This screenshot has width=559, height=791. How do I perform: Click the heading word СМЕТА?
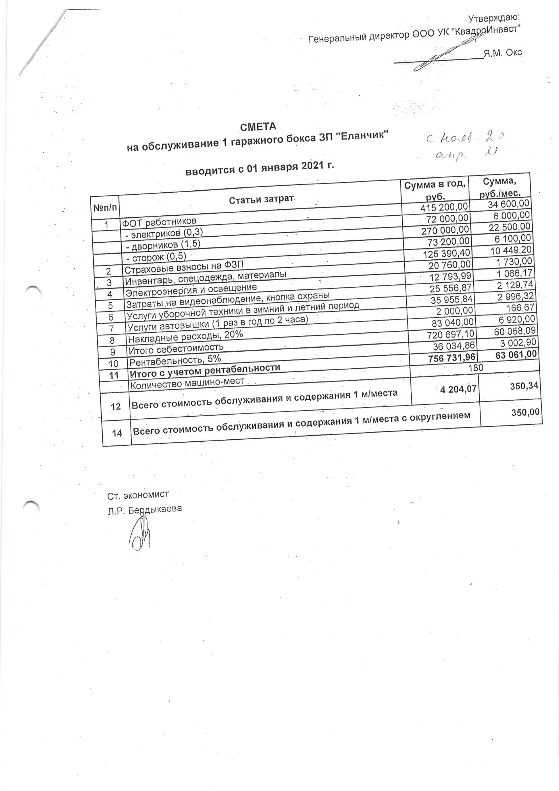[258, 127]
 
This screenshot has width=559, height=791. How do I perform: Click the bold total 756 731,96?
[452, 358]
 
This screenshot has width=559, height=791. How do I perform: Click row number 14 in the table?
[117, 433]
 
